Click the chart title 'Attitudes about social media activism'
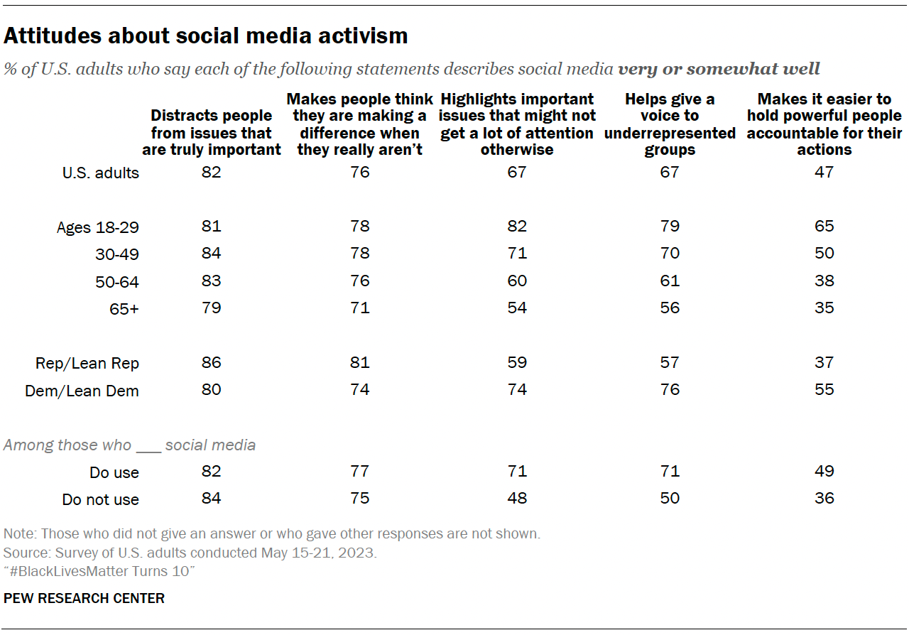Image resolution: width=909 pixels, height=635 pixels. point(205,36)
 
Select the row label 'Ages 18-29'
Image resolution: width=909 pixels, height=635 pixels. point(98,227)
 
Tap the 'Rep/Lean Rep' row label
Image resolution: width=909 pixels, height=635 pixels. point(87,363)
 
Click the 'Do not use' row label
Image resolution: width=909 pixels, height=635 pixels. point(100,499)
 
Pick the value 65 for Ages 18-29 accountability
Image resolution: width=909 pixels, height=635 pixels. point(824,227)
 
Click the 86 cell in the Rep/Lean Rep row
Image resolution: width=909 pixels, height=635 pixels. point(211,362)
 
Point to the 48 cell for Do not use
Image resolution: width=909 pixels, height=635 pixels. point(517,499)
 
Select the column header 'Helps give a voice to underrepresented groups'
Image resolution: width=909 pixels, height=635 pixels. point(670,124)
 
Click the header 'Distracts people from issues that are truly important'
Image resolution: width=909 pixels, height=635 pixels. point(211,132)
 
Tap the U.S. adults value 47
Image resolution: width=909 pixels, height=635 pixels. point(824,172)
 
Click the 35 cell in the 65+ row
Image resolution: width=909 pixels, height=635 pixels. point(824,308)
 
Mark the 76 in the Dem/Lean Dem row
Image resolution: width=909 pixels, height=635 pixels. point(670,389)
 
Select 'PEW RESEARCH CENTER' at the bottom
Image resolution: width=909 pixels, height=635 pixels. point(84,598)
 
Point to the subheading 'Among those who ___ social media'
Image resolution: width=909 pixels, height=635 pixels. point(129,445)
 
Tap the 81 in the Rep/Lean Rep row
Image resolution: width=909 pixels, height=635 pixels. point(360,362)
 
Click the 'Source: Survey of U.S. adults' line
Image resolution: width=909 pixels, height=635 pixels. point(189,553)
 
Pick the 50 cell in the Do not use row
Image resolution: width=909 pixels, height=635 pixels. point(670,499)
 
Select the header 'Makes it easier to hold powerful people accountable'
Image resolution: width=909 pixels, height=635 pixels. point(824,124)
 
